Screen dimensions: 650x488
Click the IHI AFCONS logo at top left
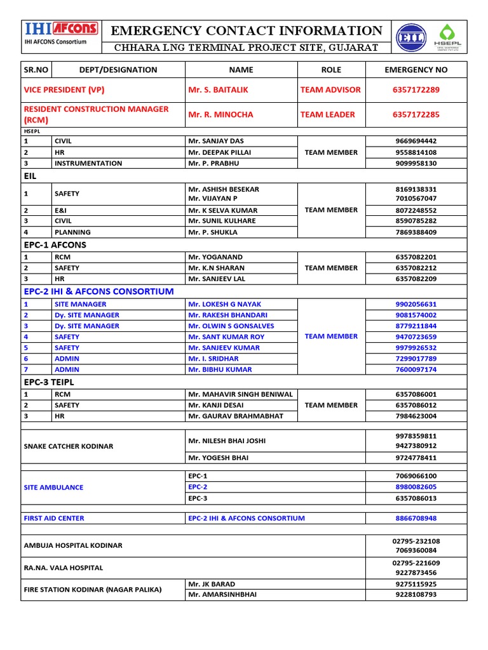coord(61,29)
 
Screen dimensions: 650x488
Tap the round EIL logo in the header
coord(411,38)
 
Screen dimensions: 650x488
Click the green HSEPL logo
coord(448,37)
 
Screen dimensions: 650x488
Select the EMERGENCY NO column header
coord(416,70)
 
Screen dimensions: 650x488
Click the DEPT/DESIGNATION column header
coord(118,70)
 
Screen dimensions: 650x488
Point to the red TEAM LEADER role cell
coord(327,115)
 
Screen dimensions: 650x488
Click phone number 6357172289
coord(416,90)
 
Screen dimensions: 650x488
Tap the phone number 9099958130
coord(416,163)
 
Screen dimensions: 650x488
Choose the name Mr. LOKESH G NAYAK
coord(224,304)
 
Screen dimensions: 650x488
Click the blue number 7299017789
coord(416,359)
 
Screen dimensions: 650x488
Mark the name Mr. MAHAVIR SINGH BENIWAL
coord(240,394)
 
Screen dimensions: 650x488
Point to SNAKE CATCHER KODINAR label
coord(69,446)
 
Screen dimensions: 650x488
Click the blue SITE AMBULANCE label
coord(53,487)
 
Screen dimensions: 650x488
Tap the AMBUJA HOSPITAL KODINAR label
coord(73,546)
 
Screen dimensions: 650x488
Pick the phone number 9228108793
coord(416,595)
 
